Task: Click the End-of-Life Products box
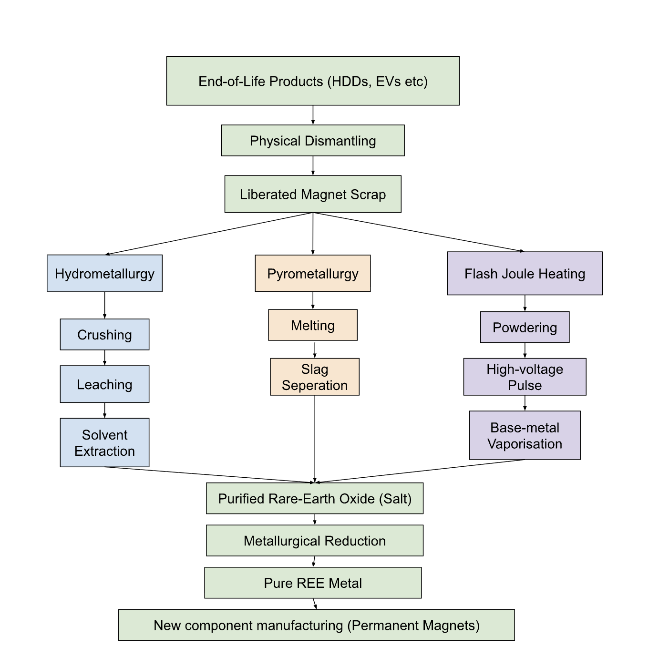313,81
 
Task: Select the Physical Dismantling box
313,141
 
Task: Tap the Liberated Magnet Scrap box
313,194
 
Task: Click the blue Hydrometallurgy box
104,273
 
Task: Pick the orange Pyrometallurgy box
313,273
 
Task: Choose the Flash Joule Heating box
525,273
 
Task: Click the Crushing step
104,334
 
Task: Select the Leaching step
104,384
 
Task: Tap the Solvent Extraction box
104,442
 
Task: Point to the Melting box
313,325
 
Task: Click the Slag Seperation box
315,377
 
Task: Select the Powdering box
525,327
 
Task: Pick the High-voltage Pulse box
525,377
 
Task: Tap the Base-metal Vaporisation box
525,435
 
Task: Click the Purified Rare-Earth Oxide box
315,498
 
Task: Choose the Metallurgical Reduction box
315,540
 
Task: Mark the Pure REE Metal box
313,583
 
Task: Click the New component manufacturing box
317,625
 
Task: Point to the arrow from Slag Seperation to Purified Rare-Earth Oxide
315,439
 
